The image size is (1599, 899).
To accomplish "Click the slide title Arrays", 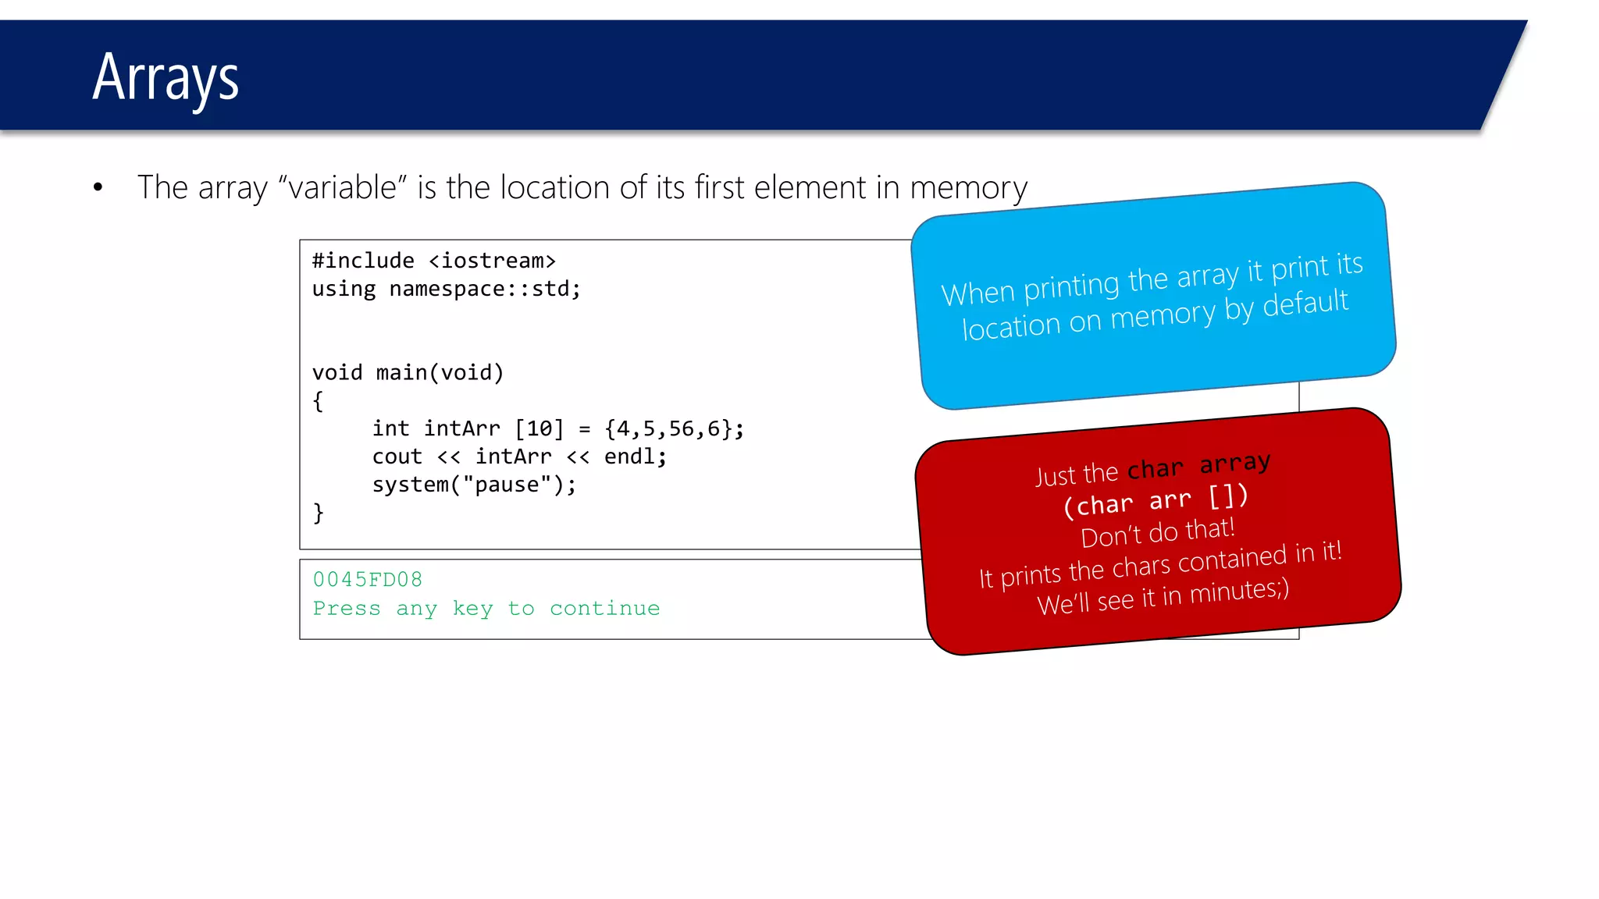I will coord(166,78).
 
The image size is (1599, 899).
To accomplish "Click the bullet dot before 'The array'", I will coord(98,187).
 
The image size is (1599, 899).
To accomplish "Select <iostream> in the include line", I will coord(492,261).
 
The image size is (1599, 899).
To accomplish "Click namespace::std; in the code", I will coord(484,289).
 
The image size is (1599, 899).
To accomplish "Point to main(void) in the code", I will coord(440,372).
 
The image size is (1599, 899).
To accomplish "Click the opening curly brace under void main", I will coord(318,401).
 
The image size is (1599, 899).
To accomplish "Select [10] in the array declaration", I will coord(539,428).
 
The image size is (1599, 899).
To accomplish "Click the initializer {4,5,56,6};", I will coord(674,428).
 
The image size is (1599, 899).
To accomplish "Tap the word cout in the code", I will coord(397,457).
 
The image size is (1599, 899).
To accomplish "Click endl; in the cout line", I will coord(635,457).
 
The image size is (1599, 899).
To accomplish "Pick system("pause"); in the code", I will coord(474,485).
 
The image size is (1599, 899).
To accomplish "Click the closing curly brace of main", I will coord(318,513).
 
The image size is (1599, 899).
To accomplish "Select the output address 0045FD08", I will coord(368,579).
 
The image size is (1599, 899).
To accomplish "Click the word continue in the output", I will coord(604,608).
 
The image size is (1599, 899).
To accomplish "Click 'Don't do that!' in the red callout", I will coord(1157,532).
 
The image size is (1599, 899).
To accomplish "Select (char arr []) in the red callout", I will coord(1156,499).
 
